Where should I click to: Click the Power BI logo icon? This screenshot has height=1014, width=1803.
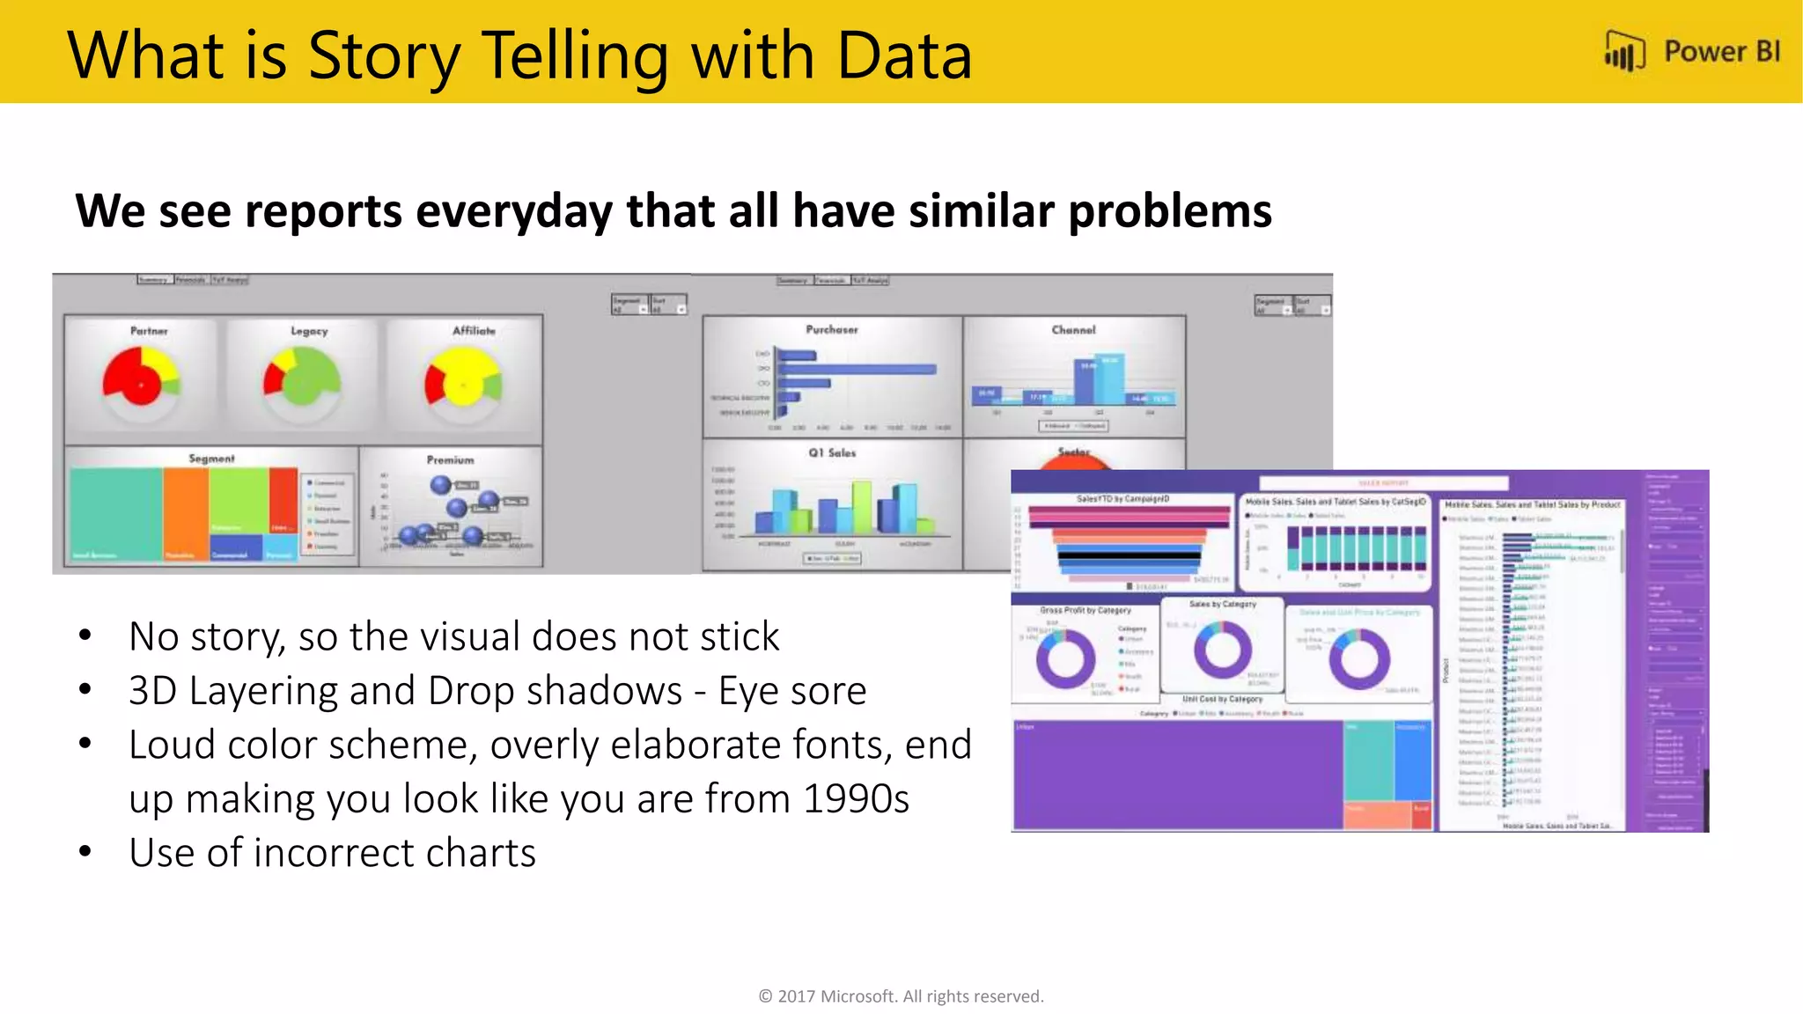pyautogui.click(x=1624, y=52)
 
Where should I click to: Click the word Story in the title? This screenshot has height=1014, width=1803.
pyautogui.click(x=384, y=57)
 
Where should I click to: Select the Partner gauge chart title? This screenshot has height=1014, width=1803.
pyautogui.click(x=149, y=331)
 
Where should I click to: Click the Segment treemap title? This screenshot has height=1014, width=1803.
pyautogui.click(x=211, y=459)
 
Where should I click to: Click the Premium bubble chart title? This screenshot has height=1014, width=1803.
pyautogui.click(x=450, y=459)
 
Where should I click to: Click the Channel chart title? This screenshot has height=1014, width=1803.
pyautogui.click(x=1073, y=330)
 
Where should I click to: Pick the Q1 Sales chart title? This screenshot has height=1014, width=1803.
pyautogui.click(x=832, y=452)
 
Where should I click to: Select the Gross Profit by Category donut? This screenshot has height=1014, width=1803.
pyautogui.click(x=1065, y=659)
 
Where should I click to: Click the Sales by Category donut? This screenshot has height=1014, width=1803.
pyautogui.click(x=1222, y=650)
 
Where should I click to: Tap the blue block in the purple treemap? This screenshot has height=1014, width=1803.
pyautogui.click(x=1412, y=759)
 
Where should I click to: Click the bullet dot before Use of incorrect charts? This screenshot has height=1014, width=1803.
pyautogui.click(x=85, y=852)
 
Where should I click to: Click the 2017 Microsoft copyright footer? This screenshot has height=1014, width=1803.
pyautogui.click(x=901, y=996)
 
